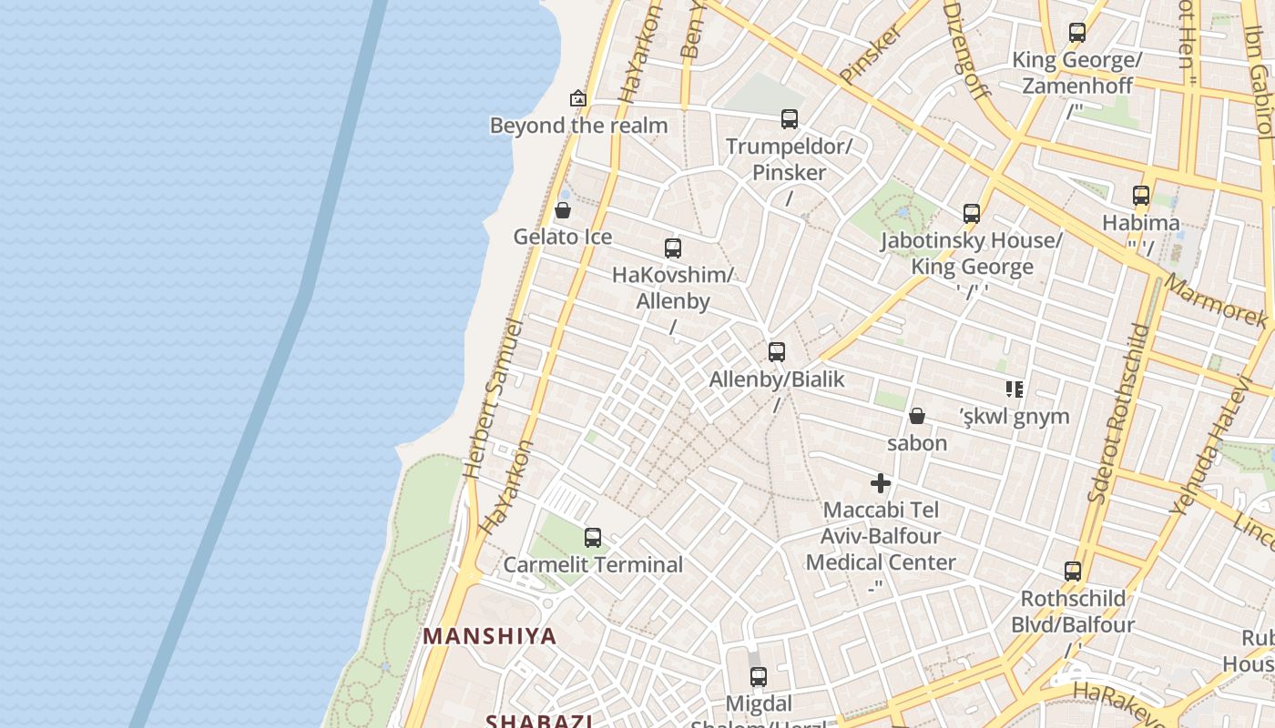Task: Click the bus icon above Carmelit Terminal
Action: tap(593, 538)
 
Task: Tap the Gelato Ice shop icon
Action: tap(563, 211)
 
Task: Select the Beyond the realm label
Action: tap(578, 126)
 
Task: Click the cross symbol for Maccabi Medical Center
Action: tap(880, 483)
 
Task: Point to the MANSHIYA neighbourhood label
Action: tap(489, 636)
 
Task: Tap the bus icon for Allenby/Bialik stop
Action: tap(777, 352)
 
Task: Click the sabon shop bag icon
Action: tap(917, 417)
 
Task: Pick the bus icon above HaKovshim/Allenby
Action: tap(673, 248)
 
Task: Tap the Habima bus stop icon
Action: tap(1141, 196)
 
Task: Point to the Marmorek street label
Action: tap(1216, 300)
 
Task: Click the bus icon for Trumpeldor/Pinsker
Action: tap(790, 119)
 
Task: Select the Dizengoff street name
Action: tap(966, 50)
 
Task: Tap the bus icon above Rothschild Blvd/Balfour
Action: tap(1073, 571)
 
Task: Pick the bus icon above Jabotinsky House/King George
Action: tap(972, 214)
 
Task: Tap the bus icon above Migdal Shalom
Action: tap(759, 677)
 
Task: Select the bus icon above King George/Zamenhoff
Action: tap(1077, 33)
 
